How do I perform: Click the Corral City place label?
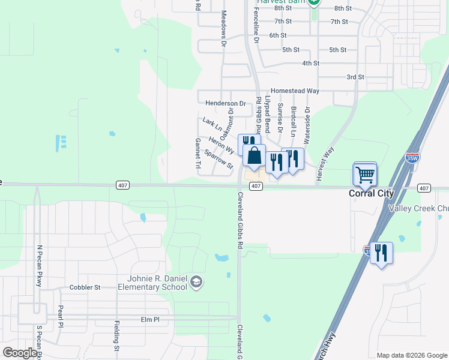pyautogui.click(x=371, y=193)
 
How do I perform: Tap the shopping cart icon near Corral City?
pyautogui.click(x=365, y=174)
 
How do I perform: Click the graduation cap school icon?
pyautogui.click(x=196, y=282)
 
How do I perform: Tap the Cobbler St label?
pyautogui.click(x=85, y=287)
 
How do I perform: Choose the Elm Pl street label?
pyautogui.click(x=149, y=320)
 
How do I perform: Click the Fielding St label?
pyautogui.click(x=116, y=335)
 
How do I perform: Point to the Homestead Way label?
pyautogui.click(x=295, y=90)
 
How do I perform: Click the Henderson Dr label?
pyautogui.click(x=225, y=103)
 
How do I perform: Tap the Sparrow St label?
pyautogui.click(x=218, y=159)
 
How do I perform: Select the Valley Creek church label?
pyautogui.click(x=418, y=208)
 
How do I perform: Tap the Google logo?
pyautogui.click(x=20, y=353)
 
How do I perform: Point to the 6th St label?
pyautogui.click(x=277, y=35)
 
